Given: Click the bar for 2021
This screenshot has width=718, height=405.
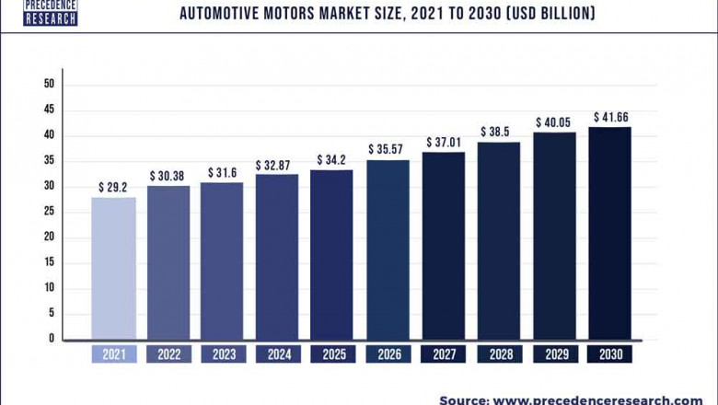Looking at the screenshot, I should [113, 268].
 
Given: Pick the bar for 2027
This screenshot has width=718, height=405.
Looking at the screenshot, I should [444, 245].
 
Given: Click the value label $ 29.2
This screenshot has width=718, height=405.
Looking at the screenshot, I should [113, 187].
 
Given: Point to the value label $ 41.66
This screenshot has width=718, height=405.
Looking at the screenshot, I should [609, 117].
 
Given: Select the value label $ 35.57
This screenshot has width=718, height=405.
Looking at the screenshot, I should [388, 149].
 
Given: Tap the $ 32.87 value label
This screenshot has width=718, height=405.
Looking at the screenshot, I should [277, 165].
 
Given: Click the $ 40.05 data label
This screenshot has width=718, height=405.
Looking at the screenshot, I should [554, 122].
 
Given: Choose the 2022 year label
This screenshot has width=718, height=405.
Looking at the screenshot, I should [168, 354].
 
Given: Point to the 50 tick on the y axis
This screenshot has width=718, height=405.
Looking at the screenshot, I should [50, 85].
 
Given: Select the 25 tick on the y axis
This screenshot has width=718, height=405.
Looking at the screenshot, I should [50, 212].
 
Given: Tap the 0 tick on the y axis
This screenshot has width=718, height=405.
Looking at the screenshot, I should [52, 339].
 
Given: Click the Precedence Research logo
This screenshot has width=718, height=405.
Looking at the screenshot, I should [51, 12].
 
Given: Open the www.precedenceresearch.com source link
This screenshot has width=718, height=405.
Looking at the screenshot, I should [596, 399].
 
